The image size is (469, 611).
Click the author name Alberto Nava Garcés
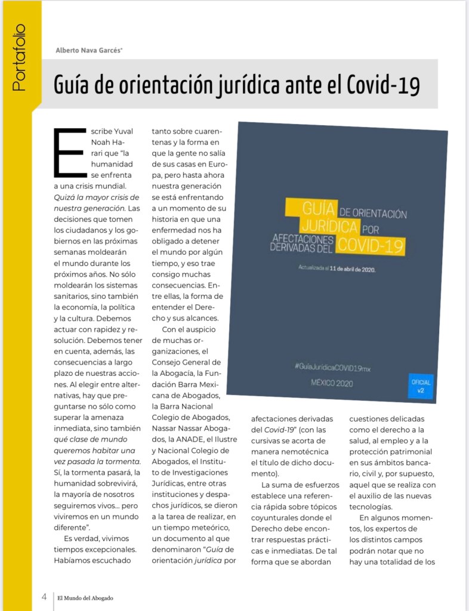(89, 50)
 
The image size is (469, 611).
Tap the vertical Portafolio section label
(20, 57)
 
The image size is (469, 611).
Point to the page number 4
(44, 597)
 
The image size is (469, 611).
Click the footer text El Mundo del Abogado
(85, 597)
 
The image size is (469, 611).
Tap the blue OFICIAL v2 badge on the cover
(421, 385)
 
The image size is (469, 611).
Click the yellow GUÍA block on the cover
(311, 209)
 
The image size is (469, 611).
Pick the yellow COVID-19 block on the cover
(371, 245)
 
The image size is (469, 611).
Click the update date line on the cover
(336, 268)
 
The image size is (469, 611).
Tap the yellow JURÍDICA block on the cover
(329, 227)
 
